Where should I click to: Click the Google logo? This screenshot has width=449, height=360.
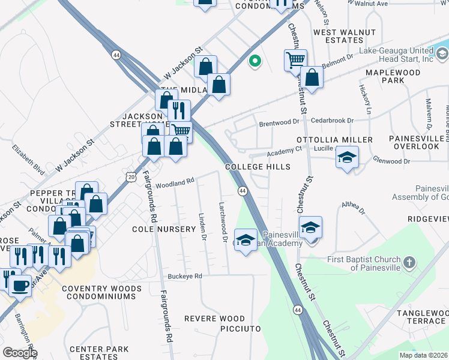pos(20,353)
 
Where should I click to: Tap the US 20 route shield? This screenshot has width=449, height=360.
pos(131,176)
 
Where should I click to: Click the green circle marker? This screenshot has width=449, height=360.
pos(255,61)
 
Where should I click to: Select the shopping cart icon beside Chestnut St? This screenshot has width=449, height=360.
pos(295,60)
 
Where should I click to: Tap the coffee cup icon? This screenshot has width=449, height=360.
pos(20,286)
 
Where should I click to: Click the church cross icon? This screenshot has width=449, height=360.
pos(408,262)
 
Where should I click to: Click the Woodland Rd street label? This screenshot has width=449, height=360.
pos(175,182)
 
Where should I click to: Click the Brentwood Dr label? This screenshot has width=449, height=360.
pos(279,123)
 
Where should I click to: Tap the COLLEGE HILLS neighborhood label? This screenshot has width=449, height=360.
pos(258,167)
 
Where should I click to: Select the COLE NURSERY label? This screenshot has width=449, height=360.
pos(164,229)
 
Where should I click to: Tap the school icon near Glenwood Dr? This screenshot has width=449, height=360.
pos(347,157)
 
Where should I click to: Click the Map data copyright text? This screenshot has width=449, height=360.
pos(423,355)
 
